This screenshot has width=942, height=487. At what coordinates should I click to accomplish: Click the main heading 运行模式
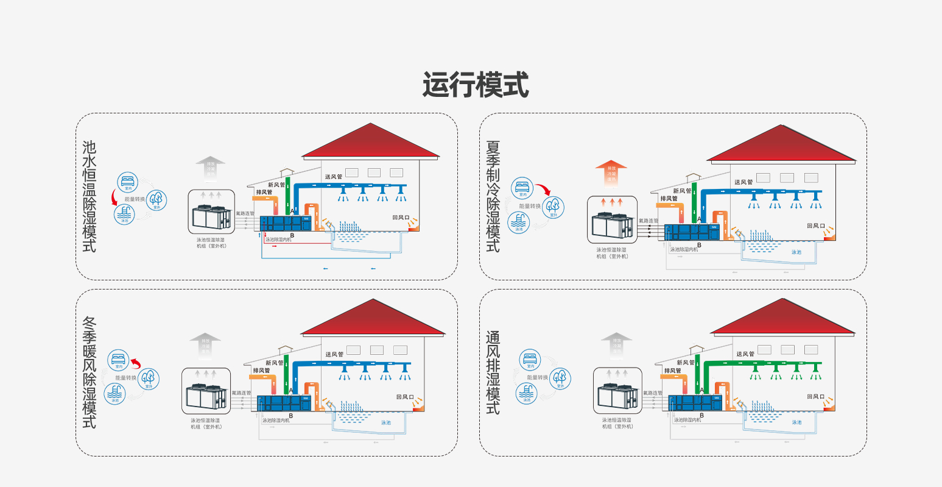pos(475,85)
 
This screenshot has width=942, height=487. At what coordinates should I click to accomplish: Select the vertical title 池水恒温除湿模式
pos(90,196)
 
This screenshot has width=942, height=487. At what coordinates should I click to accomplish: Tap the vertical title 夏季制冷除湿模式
pos(493,196)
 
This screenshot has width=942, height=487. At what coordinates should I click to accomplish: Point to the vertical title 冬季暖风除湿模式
pos(90,372)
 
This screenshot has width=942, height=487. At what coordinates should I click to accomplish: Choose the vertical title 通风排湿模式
pos(493,372)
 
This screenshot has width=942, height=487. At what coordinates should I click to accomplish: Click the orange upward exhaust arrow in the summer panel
pos(611,173)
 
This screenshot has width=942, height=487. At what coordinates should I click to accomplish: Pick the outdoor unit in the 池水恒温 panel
pos(211,217)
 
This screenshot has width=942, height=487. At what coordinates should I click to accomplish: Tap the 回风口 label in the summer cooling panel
pos(816,226)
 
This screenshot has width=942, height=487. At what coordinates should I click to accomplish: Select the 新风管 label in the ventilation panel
pos(686,362)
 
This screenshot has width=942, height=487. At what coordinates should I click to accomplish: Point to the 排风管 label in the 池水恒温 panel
pos(264,192)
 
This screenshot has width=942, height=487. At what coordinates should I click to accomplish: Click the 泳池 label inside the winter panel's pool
pos(386,422)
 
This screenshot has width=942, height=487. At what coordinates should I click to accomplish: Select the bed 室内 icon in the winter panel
pos(119,360)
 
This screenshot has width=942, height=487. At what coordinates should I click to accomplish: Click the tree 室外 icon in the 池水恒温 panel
pos(156,200)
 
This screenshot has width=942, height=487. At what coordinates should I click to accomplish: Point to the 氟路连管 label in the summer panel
pos(649,221)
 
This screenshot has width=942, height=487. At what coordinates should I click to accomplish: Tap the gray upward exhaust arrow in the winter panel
pos(205,344)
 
